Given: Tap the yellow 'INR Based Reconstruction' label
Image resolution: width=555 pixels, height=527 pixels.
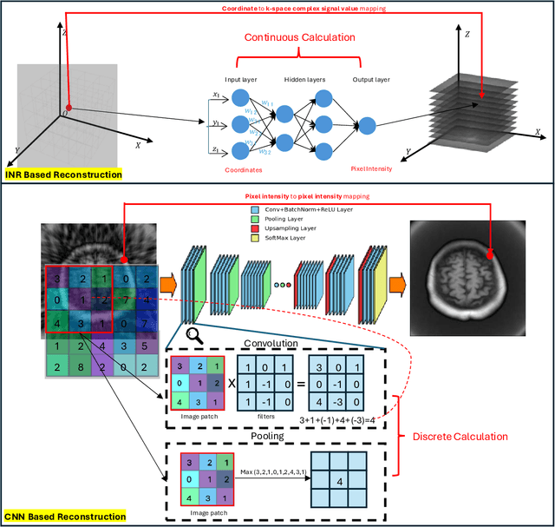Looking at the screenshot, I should coord(63,175).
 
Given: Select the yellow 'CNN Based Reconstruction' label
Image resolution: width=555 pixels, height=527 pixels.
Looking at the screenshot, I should coord(65,517).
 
